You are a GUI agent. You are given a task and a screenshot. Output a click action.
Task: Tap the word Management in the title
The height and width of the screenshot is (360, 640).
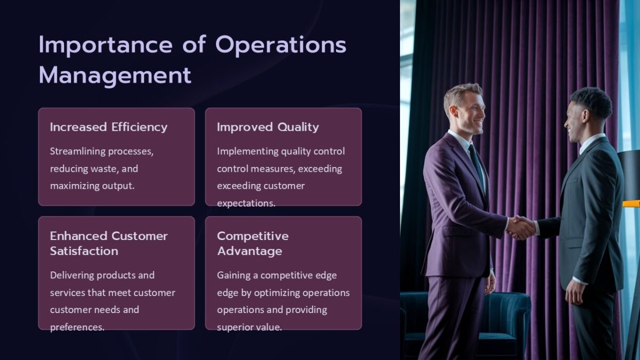coord(115,75)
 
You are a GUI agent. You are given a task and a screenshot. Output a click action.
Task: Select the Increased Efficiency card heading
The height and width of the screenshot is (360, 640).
coord(108,127)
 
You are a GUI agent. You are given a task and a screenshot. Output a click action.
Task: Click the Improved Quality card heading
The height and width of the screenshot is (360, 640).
coord(268,127)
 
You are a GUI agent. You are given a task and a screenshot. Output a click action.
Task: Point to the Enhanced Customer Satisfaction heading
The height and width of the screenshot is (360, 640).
coord(108,243)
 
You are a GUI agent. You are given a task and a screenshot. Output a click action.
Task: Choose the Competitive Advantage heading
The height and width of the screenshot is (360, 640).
coord(252,243)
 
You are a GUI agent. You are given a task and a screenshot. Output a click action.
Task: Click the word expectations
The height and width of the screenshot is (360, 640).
coord(246,203)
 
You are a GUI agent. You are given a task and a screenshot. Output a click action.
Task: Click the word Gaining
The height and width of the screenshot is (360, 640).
coord(236,275)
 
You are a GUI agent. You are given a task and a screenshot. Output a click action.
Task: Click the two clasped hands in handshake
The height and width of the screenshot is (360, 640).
coord(521,228)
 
